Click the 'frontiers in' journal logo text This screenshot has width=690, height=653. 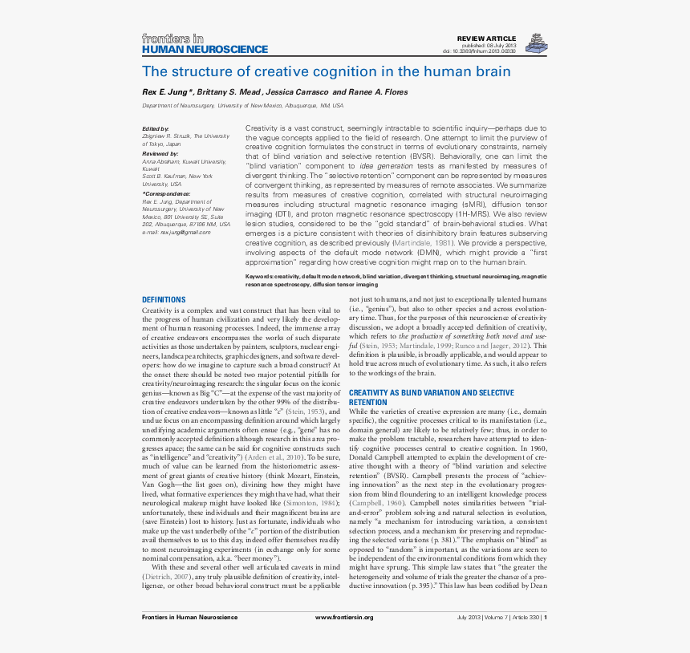pos(172,38)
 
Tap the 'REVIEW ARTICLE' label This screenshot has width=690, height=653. pos(487,39)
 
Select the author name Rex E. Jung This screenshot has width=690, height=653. pos(167,92)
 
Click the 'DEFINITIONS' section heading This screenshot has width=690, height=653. pos(164,300)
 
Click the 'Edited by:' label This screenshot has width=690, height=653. pos(156,128)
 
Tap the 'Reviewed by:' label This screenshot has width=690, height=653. pos(160,152)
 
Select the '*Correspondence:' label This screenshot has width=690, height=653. pos(166,193)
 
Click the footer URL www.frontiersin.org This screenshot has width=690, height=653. pos(344,618)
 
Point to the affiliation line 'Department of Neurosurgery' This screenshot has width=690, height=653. pos(178,105)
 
